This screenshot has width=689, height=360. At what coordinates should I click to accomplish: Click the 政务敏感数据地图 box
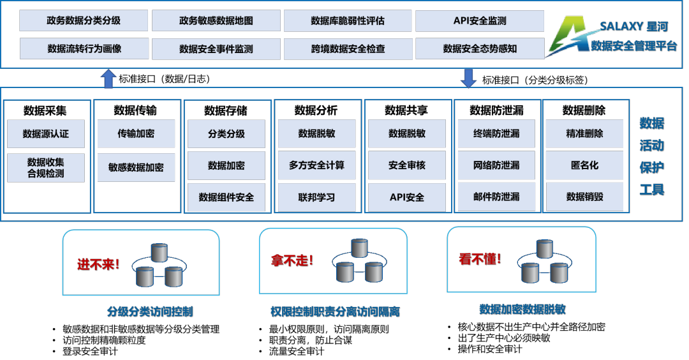pyautogui.click(x=216, y=20)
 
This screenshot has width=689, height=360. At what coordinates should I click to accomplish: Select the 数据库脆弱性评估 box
pyautogui.click(x=348, y=20)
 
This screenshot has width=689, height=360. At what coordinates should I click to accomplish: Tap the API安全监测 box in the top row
pyautogui.click(x=480, y=20)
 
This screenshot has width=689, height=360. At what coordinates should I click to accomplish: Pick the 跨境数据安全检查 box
pyautogui.click(x=348, y=49)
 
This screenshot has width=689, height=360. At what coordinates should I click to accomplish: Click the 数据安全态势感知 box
pyautogui.click(x=480, y=49)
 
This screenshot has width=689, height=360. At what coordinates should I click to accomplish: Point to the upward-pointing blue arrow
pyautogui.click(x=108, y=79)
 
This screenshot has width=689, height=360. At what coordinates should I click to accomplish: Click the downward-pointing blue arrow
pyautogui.click(x=469, y=77)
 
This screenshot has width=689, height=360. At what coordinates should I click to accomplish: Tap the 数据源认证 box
pyautogui.click(x=45, y=134)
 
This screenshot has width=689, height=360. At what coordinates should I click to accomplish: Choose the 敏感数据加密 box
pyautogui.click(x=136, y=167)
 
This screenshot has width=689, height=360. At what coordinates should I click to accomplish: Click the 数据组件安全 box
pyautogui.click(x=226, y=197)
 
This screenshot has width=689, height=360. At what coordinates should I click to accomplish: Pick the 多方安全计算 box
pyautogui.click(x=316, y=165)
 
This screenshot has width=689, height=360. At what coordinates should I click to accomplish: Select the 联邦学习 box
pyautogui.click(x=316, y=197)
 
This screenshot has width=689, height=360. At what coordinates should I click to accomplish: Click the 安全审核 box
pyautogui.click(x=406, y=165)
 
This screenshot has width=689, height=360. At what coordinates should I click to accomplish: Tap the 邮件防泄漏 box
pyautogui.click(x=496, y=197)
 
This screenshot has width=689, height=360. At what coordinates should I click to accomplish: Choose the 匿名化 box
pyautogui.click(x=584, y=165)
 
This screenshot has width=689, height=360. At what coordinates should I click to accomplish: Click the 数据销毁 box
pyautogui.click(x=584, y=197)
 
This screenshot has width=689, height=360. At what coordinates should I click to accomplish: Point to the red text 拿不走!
pyautogui.click(x=292, y=260)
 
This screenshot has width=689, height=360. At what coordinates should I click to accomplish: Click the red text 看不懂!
pyautogui.click(x=480, y=259)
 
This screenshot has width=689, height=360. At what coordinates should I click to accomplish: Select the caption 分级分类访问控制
pyautogui.click(x=150, y=312)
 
